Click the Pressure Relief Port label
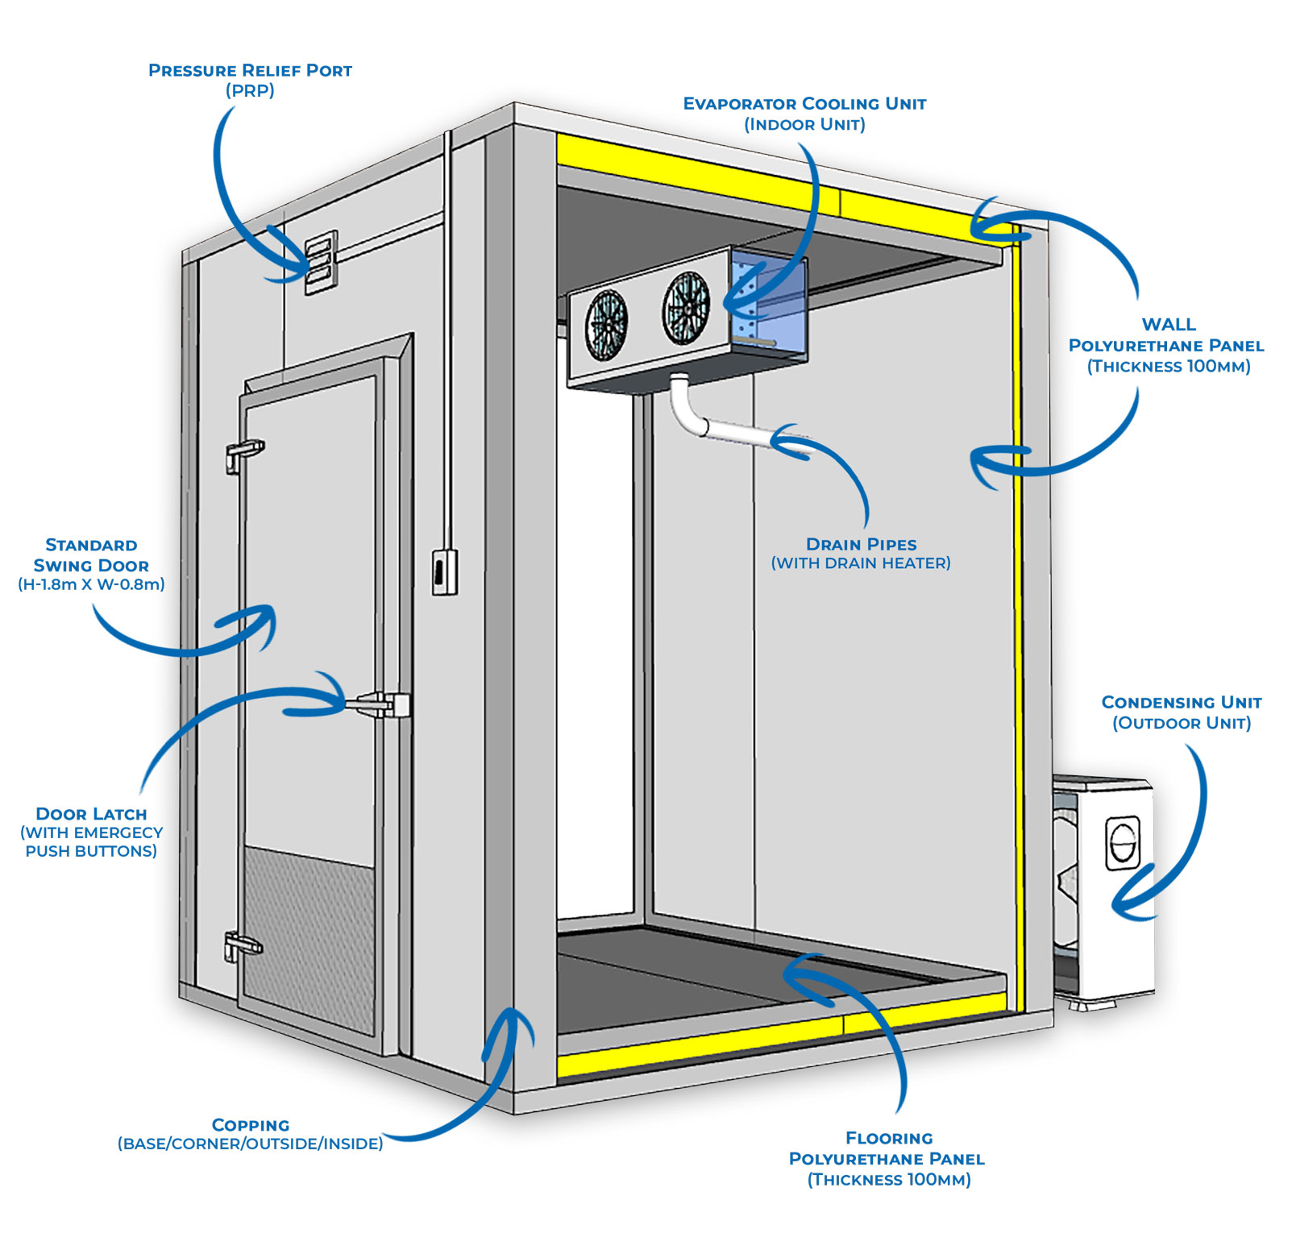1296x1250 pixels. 250,80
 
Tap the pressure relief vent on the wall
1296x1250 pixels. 321,263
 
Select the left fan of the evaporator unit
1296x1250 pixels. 606,324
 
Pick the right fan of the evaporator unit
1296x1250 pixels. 686,306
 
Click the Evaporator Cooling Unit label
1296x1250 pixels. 804,114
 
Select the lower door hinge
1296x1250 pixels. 242,945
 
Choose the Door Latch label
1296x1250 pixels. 91,832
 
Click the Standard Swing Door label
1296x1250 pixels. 91,564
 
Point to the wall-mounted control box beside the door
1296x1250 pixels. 444,571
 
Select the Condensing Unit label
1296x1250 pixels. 1182,712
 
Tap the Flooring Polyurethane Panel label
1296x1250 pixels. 887,1159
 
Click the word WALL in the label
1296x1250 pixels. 1169,325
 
